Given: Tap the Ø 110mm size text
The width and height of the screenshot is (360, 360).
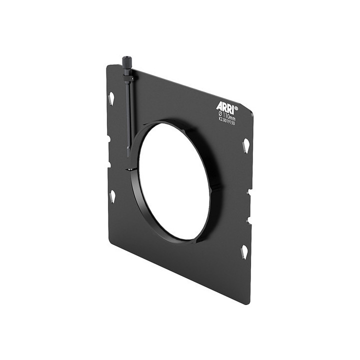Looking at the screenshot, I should point(226,115).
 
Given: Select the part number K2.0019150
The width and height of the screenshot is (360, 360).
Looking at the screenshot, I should point(226,120).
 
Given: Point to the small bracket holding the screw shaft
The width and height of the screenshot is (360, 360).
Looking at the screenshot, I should point(128,78).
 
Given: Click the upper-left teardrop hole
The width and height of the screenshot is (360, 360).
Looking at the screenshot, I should point(111,98).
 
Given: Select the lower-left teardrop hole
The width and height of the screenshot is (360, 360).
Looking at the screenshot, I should point(112,195).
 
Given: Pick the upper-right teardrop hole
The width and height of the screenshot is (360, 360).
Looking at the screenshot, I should point(245,145).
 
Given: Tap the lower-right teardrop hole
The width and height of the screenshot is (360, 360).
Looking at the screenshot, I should point(244,251).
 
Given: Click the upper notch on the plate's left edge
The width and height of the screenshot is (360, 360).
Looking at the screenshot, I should point(108,138).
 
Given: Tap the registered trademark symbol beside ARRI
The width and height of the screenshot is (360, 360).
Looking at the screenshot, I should point(236,108).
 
